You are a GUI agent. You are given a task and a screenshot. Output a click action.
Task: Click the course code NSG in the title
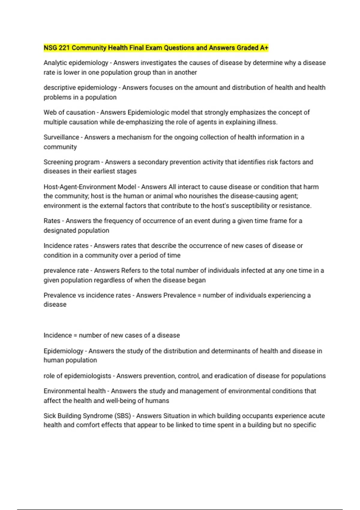pyautogui.click(x=50, y=48)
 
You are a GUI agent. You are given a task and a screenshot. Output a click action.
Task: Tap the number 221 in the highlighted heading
pyautogui.click(x=64, y=48)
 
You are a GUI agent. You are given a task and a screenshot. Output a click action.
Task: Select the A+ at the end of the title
pyautogui.click(x=264, y=48)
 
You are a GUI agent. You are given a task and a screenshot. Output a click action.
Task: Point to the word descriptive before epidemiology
pyautogui.click(x=59, y=88)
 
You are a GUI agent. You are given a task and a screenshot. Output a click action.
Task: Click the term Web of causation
pyautogui.click(x=69, y=112)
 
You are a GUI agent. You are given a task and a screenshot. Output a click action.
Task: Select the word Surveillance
pyautogui.click(x=61, y=137)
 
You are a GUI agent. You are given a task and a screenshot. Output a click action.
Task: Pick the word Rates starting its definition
pyautogui.click(x=52, y=221)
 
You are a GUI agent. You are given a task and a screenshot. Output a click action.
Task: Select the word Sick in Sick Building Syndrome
pyautogui.click(x=49, y=416)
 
